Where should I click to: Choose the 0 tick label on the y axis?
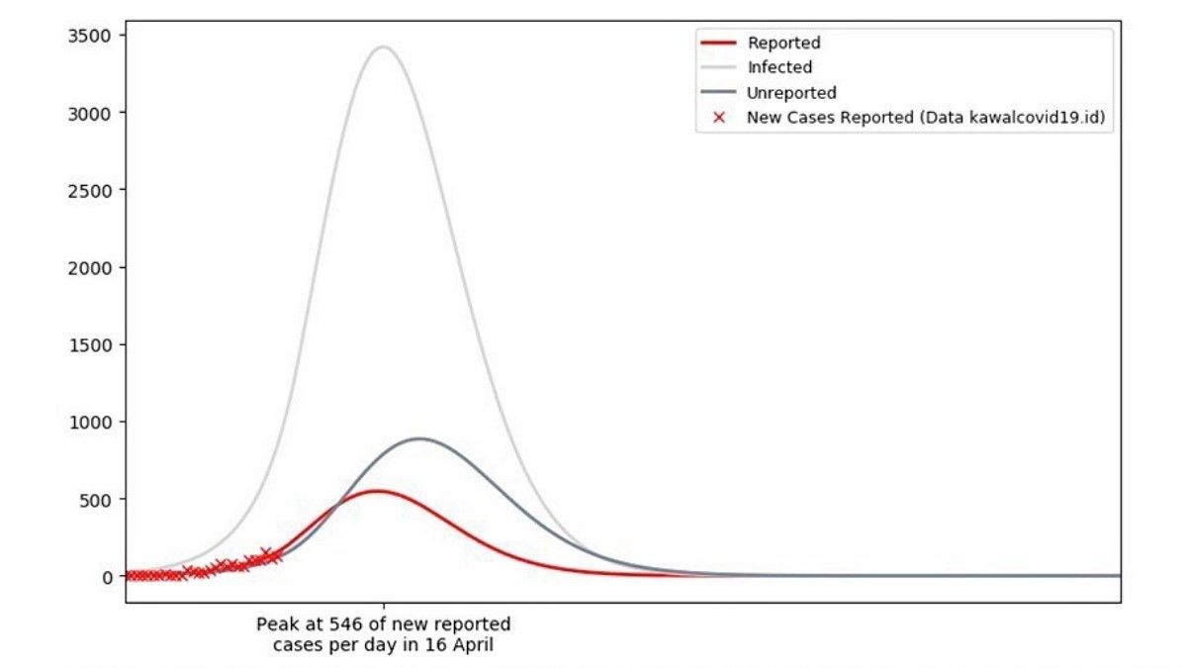[107, 576]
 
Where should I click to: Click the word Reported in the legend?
[783, 43]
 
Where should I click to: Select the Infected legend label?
[779, 67]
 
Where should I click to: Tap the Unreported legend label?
[791, 93]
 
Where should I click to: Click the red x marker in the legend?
[719, 118]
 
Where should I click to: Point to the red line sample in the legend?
[719, 43]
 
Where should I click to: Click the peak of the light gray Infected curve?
[382, 47]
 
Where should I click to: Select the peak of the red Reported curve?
[377, 491]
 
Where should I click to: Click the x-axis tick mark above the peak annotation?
[384, 605]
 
